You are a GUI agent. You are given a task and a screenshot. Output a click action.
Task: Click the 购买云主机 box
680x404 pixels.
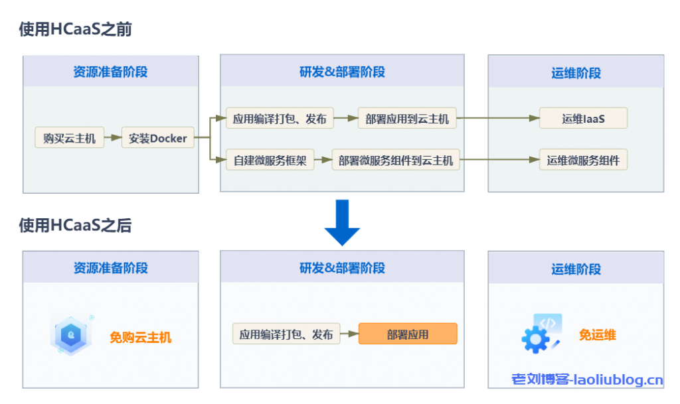(69, 139)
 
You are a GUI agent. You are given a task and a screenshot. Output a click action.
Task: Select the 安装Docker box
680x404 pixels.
(158, 139)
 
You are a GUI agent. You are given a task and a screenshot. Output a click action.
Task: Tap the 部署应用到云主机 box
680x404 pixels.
(407, 119)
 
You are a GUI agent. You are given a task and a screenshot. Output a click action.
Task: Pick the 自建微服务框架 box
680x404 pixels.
(270, 160)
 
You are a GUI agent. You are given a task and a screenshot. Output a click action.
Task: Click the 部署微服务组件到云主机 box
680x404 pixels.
(396, 160)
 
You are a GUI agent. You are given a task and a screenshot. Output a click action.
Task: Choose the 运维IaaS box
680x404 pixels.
(583, 119)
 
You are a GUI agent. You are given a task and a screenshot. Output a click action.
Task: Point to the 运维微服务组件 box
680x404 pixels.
(583, 160)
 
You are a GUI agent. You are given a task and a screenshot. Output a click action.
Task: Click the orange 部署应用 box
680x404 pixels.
(408, 334)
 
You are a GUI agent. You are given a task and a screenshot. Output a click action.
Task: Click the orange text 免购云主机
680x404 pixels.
(140, 338)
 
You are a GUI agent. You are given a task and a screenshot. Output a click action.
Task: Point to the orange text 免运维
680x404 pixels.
(597, 335)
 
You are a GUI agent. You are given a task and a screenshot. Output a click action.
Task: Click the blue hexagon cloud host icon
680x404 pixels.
(70, 336)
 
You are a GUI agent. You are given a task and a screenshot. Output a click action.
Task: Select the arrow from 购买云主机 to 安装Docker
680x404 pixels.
(113, 139)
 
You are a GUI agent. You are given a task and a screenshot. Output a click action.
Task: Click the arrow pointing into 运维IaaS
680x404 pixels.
(498, 119)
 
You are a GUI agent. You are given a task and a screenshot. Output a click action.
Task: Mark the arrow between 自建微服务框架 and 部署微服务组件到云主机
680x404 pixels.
(322, 160)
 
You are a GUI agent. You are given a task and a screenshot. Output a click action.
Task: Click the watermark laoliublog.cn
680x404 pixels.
(587, 380)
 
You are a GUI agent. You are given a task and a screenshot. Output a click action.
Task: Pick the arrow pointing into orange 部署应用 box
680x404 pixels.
(349, 334)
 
